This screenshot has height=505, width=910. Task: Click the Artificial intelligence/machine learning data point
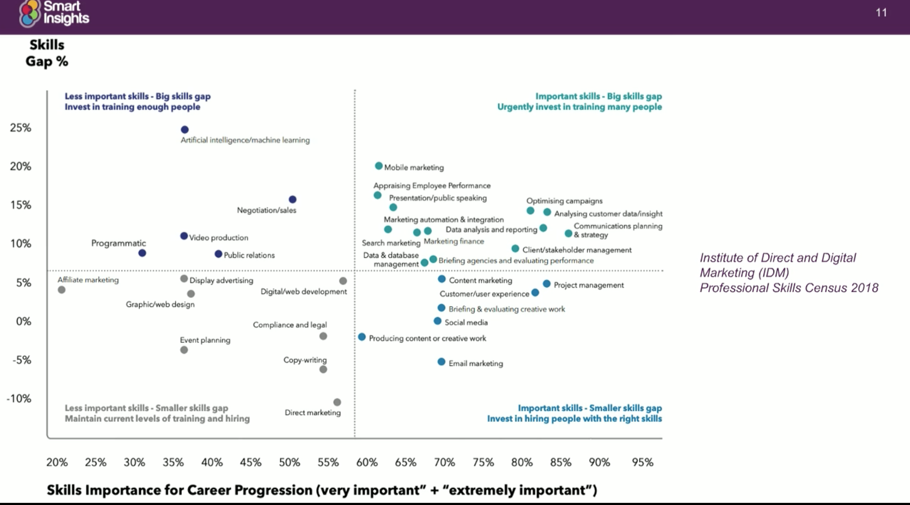(185, 130)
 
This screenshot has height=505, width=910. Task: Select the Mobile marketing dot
(379, 166)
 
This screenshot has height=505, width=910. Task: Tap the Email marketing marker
(441, 362)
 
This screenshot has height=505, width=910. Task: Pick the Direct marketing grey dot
(337, 402)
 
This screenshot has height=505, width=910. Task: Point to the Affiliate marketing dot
(62, 290)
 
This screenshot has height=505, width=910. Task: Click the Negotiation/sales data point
(293, 199)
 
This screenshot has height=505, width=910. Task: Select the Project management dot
(547, 284)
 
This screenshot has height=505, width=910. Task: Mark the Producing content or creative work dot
(362, 337)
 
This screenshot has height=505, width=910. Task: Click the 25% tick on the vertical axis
(21, 128)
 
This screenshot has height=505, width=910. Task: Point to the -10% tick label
(19, 399)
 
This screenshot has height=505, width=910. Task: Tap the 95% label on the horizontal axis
(642, 462)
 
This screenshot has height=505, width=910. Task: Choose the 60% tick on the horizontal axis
(367, 462)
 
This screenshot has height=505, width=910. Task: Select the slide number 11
(881, 13)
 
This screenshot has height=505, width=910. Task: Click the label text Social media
(466, 322)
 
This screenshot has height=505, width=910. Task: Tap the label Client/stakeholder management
(577, 250)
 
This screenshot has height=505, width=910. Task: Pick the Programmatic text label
(119, 243)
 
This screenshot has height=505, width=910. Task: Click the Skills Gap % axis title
(47, 53)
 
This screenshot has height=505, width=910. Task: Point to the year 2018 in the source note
(865, 288)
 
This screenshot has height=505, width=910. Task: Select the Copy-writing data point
(323, 369)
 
